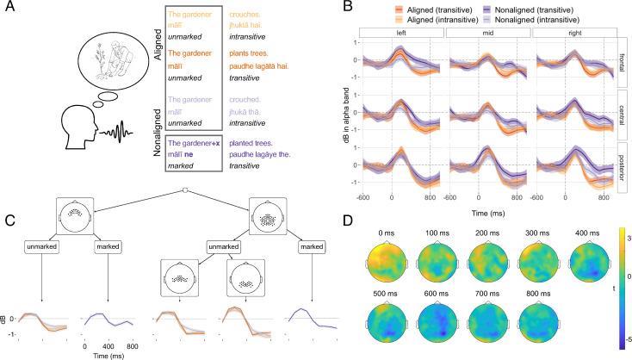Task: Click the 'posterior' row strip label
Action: click(x=623, y=163)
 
